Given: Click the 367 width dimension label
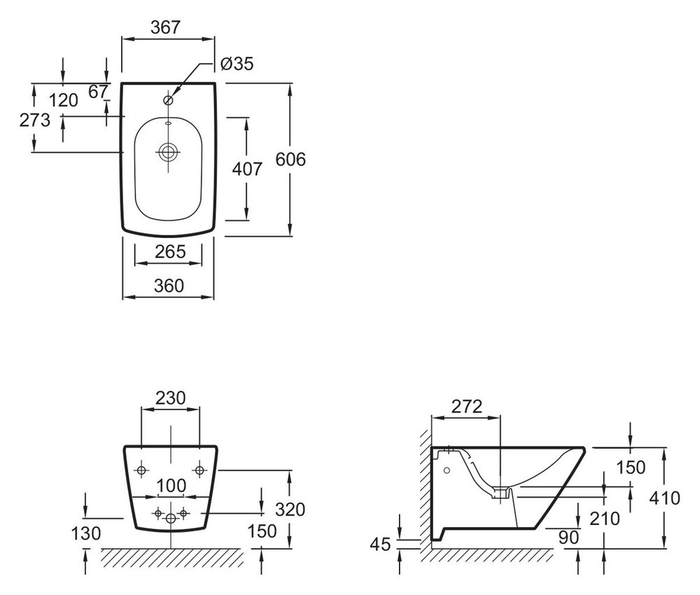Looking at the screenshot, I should pos(167,27).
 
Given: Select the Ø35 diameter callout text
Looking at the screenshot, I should pos(236,64).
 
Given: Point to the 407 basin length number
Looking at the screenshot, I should pos(246,169).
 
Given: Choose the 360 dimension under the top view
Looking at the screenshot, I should pos(168,286).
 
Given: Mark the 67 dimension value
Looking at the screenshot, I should pos(100,90).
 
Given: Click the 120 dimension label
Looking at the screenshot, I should pos(64,101).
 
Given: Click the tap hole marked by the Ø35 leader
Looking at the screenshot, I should pos(168,99).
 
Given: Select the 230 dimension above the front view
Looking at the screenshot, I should pos(170,398).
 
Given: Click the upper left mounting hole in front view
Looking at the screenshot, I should pos(142,469).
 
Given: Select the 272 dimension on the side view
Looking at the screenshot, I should pos(467,407).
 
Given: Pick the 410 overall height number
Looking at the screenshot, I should pos(664,498).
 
